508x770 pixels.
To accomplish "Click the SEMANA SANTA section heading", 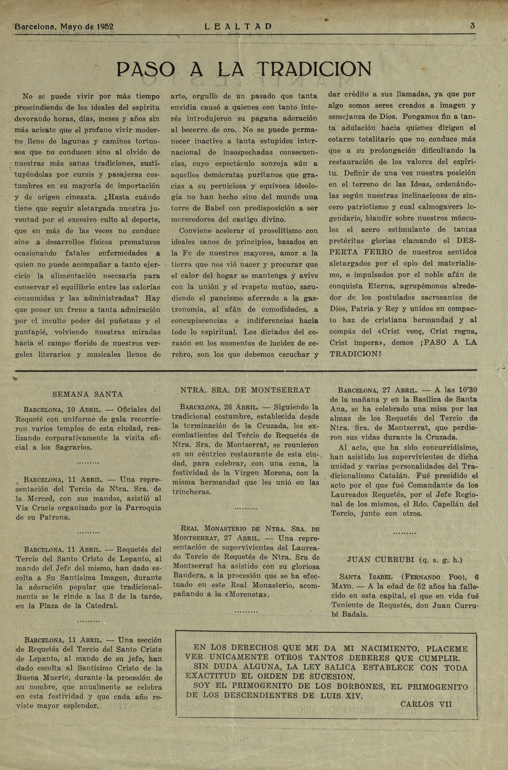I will (87, 394).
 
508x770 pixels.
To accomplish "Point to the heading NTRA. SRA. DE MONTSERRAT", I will (245, 390).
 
